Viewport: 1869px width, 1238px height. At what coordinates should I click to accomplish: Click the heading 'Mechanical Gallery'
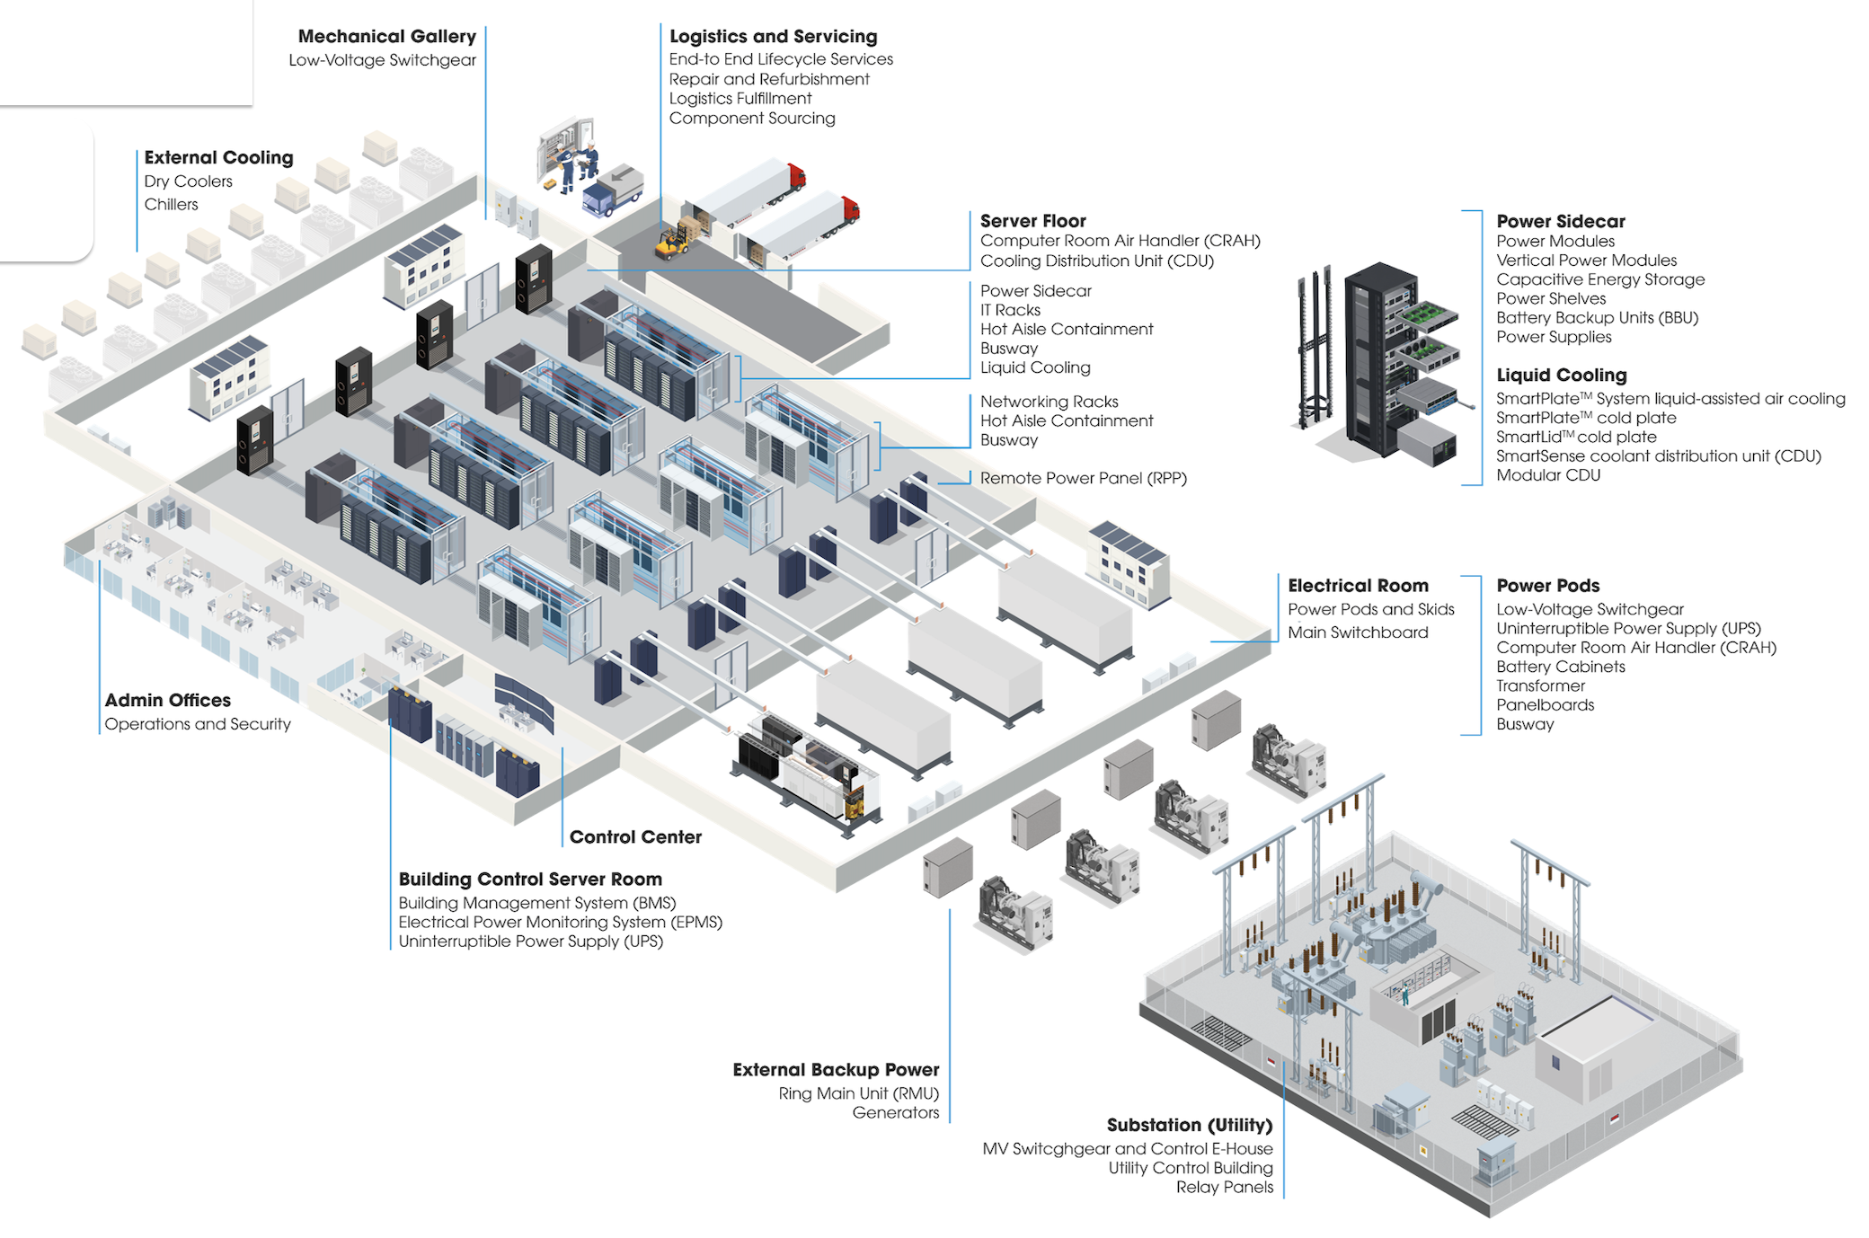coord(386,37)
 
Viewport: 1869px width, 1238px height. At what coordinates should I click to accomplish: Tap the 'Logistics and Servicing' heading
coord(773,37)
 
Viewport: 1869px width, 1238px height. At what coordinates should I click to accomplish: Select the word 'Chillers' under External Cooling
coord(171,205)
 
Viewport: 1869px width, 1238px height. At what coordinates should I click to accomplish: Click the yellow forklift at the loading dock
coord(672,242)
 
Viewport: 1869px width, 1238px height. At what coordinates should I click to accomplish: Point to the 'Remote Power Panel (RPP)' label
coord(1083,479)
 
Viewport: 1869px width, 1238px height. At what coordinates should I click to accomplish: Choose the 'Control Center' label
coord(635,837)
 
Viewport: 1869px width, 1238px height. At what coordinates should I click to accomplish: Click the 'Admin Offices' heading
coord(167,701)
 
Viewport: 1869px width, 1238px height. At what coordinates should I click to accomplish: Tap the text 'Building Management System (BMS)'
coord(537,903)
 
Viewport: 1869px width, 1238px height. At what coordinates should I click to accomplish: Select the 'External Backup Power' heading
coord(836,1070)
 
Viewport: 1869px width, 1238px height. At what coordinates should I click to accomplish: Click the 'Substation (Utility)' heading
coord(1190,1126)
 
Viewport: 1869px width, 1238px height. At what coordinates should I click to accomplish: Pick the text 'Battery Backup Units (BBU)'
coord(1597,318)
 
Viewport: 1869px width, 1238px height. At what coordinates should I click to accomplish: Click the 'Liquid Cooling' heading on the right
coord(1561,376)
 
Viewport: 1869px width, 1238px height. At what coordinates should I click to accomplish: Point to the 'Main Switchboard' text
coord(1358,632)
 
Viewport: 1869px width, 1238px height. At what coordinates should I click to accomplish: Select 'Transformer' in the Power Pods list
coord(1540,686)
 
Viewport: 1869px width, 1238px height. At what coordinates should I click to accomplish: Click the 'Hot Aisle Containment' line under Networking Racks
coord(1067,421)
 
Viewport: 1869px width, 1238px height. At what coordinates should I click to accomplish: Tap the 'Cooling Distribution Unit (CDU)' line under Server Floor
coord(1096,261)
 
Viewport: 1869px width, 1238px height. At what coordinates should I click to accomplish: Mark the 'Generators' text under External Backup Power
coord(895,1113)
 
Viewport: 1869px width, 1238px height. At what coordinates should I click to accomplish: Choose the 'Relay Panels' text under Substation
coord(1225,1188)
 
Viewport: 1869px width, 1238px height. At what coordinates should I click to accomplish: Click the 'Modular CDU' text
coord(1548,475)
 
